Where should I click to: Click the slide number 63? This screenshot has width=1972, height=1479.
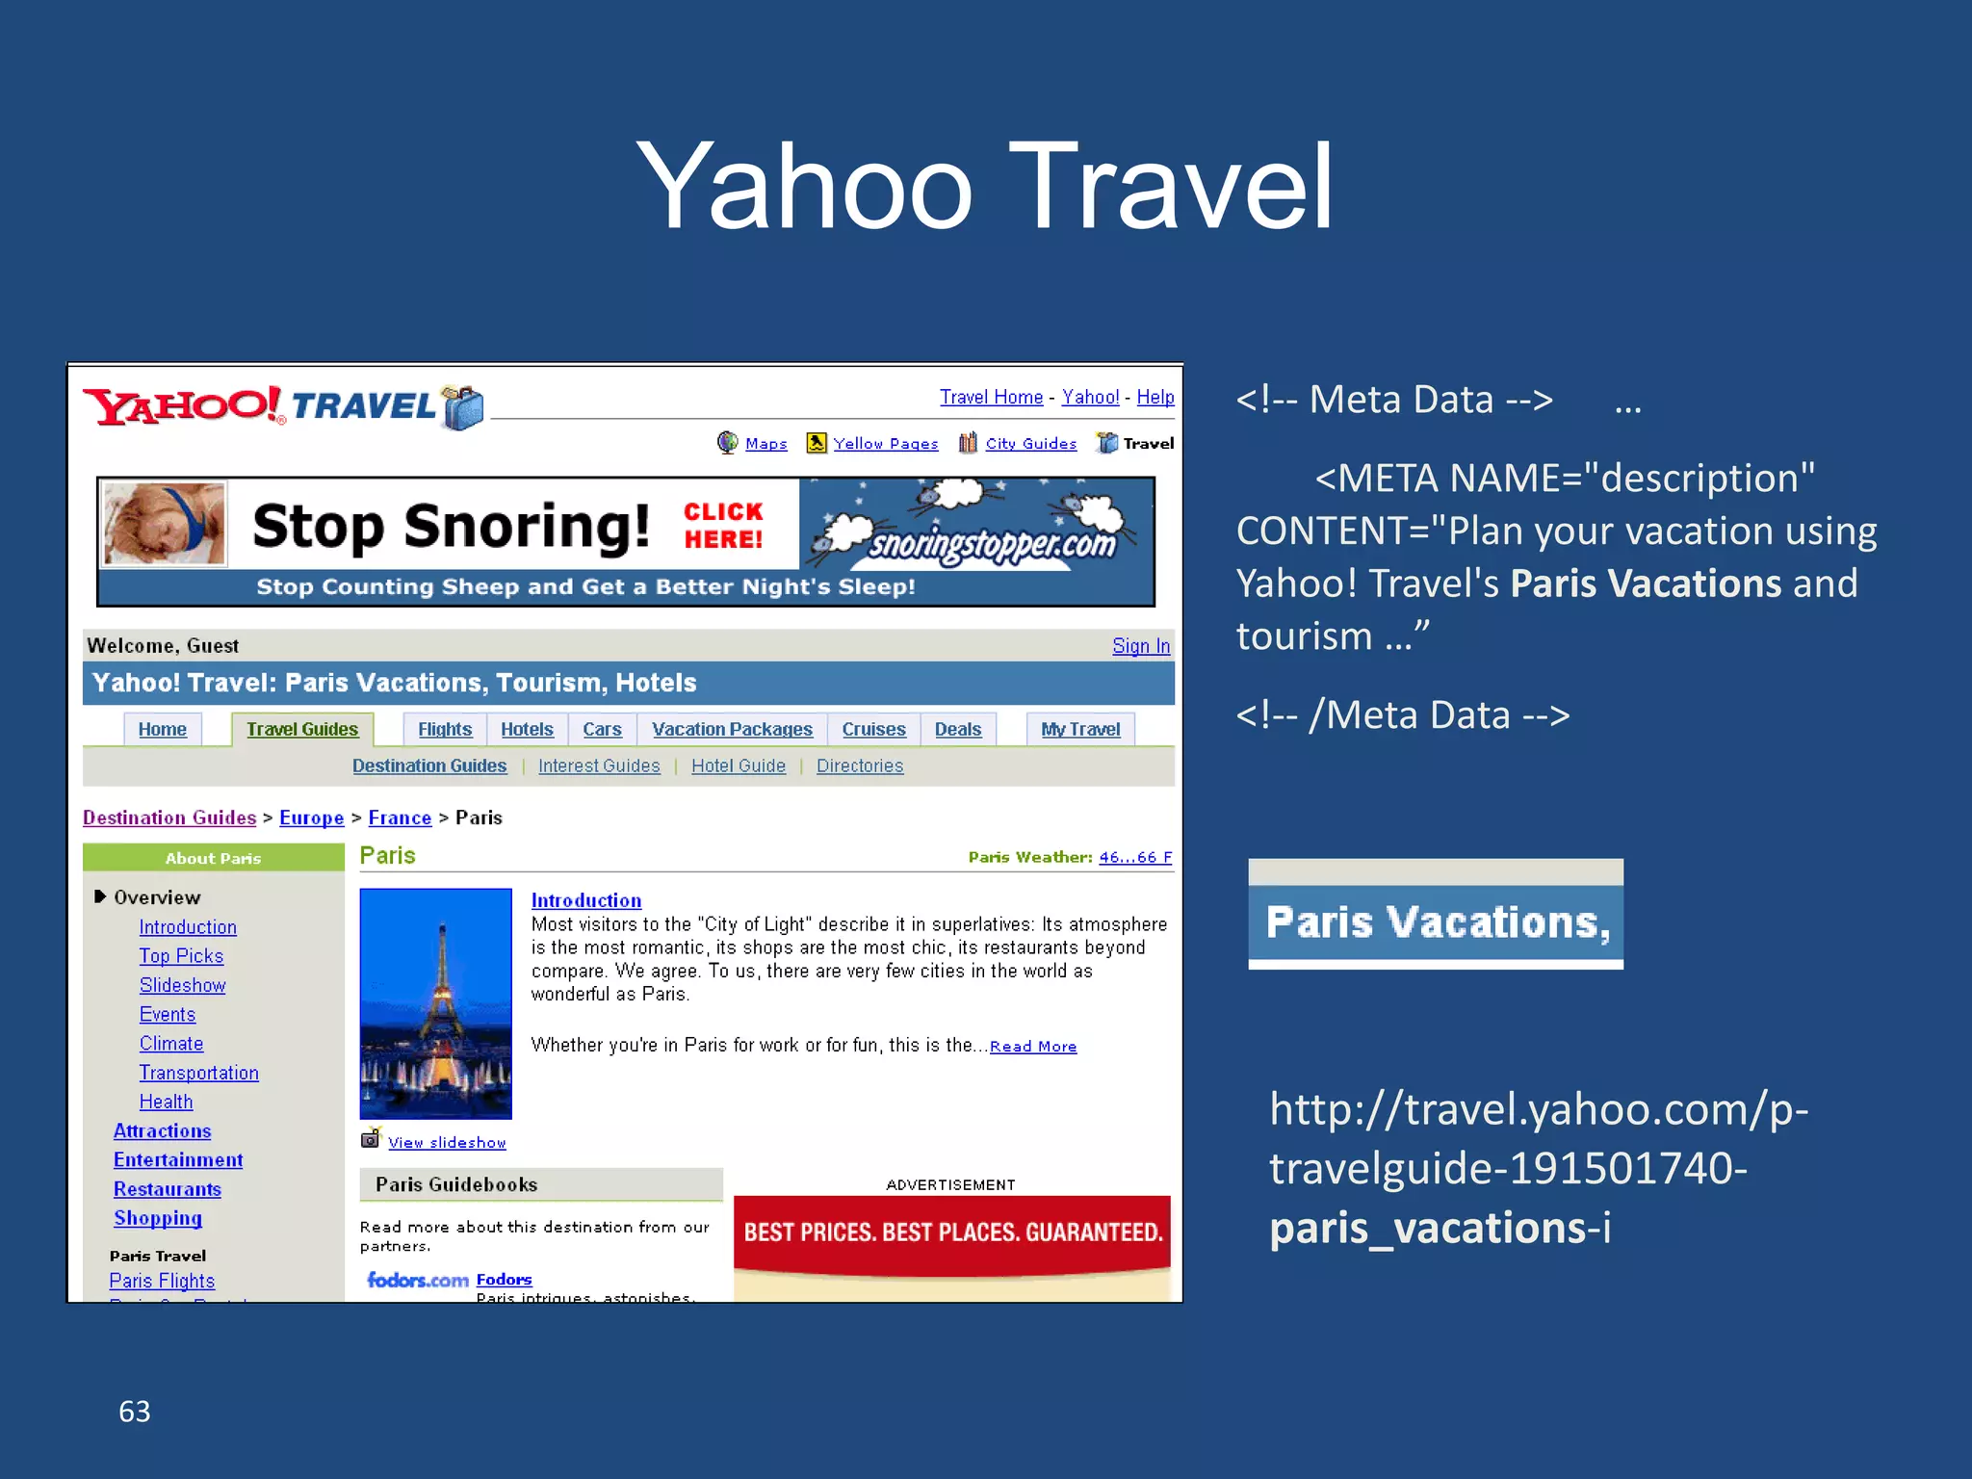point(135,1412)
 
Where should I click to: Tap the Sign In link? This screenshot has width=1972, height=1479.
point(1141,646)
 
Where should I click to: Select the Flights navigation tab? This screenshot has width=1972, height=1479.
point(444,730)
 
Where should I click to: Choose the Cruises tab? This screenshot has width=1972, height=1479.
point(873,730)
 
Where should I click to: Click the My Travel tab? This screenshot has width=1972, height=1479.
point(1080,730)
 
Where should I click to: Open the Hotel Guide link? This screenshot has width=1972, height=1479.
point(738,766)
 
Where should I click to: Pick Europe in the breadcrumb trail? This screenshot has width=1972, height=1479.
point(311,817)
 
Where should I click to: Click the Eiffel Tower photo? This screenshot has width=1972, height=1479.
point(436,1003)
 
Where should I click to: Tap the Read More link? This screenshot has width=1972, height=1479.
point(1033,1047)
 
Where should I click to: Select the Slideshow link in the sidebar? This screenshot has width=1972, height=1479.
point(182,985)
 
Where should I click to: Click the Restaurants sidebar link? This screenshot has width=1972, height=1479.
point(168,1189)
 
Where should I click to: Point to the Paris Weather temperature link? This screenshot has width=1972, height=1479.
point(1135,857)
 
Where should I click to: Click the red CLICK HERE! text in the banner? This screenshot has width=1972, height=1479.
point(723,526)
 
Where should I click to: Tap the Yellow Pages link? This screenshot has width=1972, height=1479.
point(885,444)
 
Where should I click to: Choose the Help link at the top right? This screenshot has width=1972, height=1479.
point(1155,397)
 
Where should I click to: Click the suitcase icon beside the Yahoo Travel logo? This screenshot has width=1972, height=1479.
point(463,407)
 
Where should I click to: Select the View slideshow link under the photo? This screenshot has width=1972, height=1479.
point(447,1143)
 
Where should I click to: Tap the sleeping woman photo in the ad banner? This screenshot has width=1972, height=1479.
point(165,524)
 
